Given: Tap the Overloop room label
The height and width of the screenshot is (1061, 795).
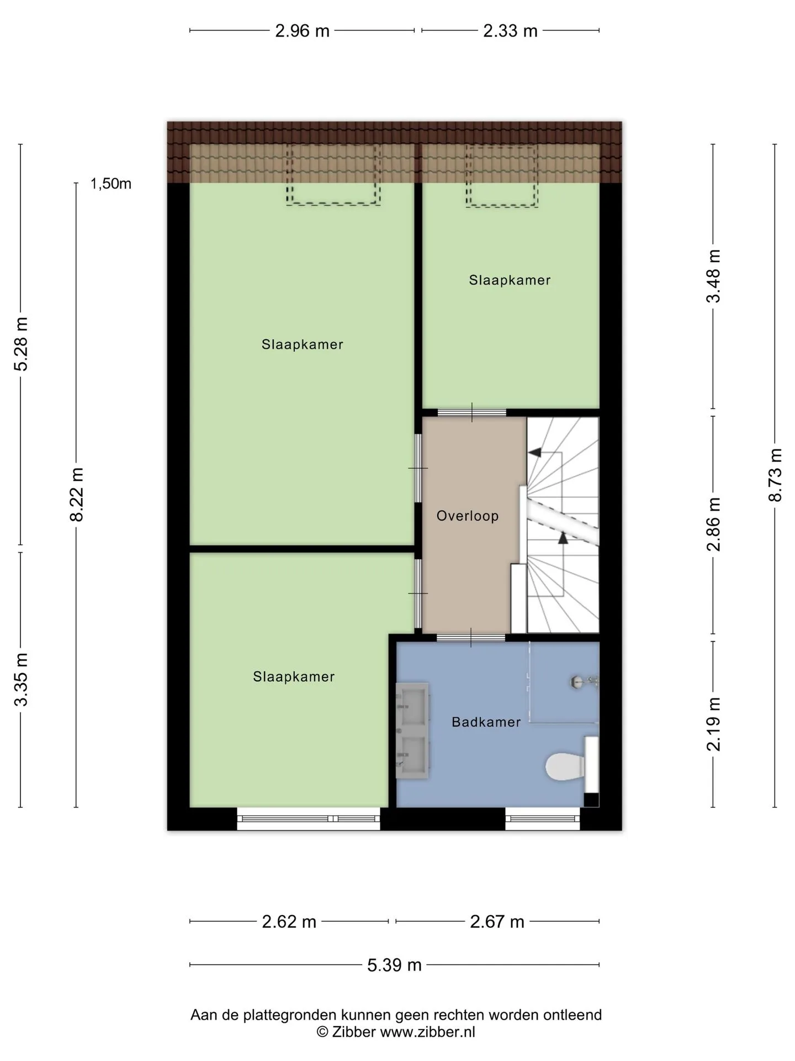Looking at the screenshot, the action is [468, 516].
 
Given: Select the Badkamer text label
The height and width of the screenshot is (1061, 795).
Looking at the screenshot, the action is [486, 722].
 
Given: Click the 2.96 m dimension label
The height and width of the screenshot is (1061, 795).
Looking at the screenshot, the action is [302, 31].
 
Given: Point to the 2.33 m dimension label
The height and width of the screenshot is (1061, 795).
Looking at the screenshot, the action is [510, 31].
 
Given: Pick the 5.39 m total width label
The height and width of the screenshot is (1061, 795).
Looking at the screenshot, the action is [394, 965].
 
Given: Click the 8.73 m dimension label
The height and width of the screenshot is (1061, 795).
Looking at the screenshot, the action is [775, 475].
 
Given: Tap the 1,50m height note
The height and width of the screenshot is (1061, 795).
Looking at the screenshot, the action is [111, 184].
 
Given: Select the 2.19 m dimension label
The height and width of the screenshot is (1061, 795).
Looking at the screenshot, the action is [714, 724].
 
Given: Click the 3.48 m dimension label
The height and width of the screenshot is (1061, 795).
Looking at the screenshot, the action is [714, 276].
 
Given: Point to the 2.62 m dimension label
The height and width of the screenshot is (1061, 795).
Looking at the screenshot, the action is [289, 922].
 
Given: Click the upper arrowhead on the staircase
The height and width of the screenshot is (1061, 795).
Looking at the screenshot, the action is [534, 452].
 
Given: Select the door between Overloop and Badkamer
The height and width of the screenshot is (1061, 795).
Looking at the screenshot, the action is [471, 638].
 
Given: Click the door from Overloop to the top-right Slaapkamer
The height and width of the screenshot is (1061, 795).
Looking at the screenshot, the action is [472, 412].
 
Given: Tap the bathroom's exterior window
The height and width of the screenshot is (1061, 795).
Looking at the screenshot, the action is [543, 819].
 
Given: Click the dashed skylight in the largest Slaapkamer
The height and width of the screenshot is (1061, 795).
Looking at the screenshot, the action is [333, 175].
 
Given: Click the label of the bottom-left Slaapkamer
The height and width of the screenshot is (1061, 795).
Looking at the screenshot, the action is [294, 676].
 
